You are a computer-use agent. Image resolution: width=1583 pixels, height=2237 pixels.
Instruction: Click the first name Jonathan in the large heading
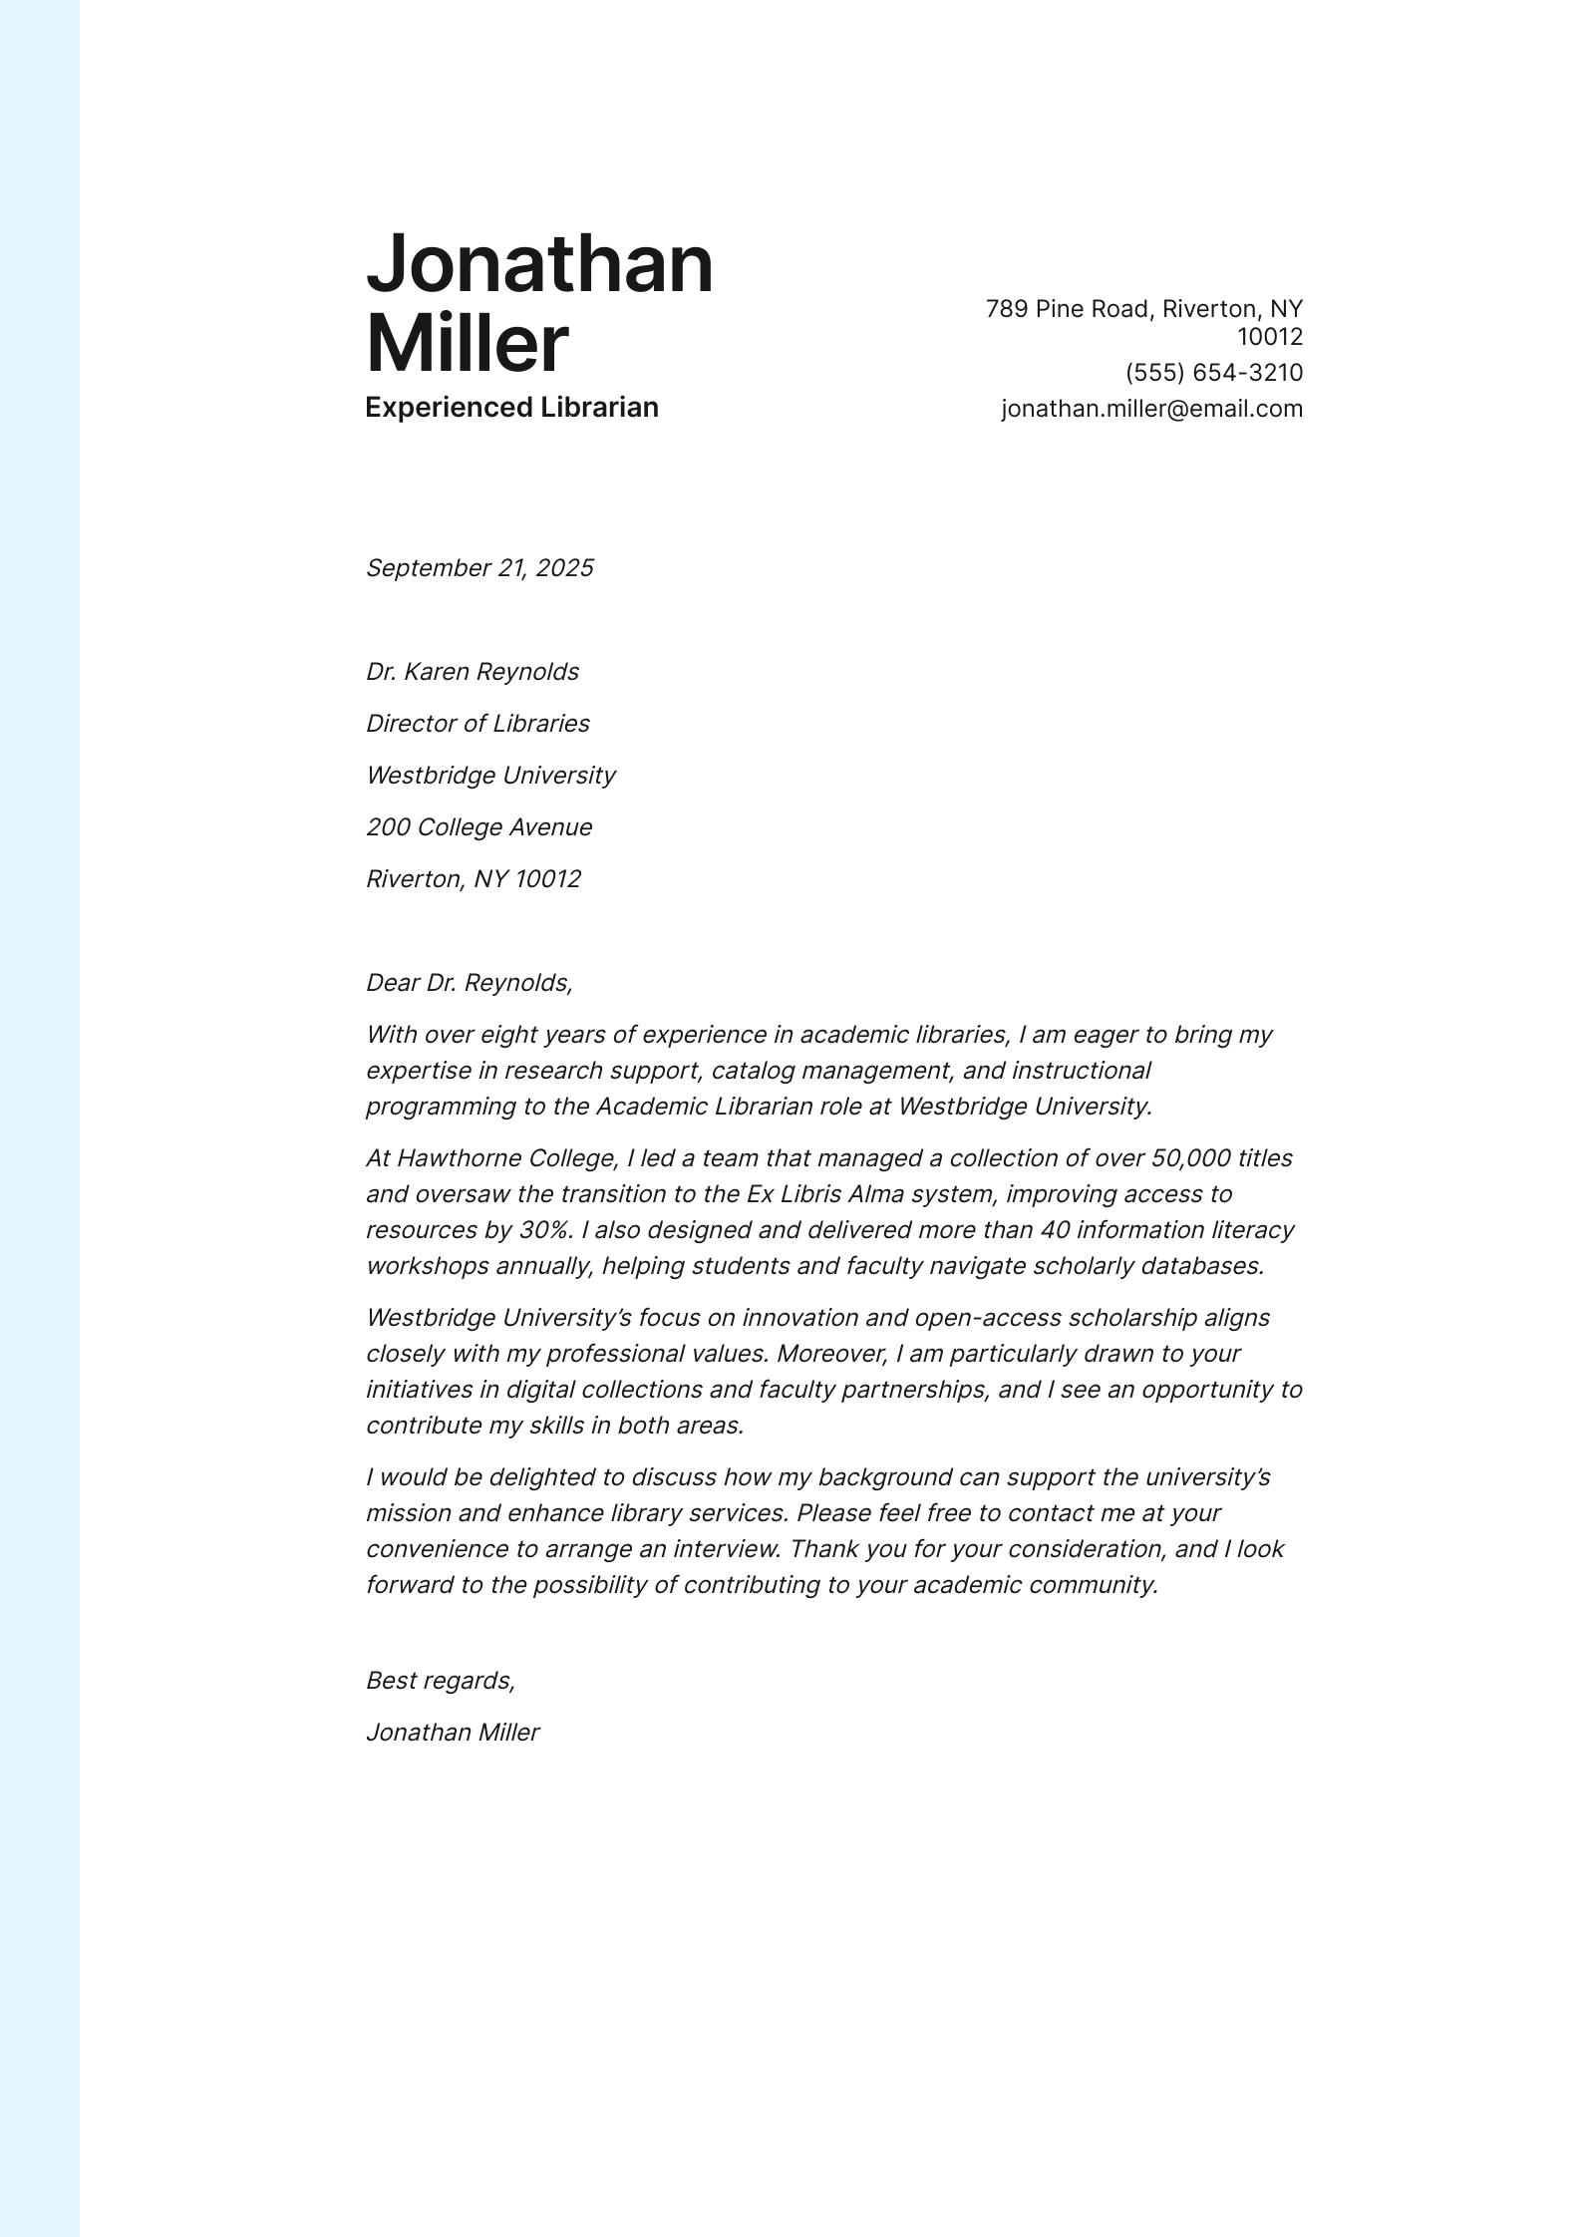click(x=539, y=264)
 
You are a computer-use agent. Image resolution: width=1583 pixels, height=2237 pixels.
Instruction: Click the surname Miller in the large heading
click(x=467, y=344)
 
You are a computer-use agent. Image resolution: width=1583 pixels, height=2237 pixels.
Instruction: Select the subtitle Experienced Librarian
click(x=511, y=408)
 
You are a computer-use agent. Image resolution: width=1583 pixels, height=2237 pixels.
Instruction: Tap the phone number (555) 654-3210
click(x=1213, y=373)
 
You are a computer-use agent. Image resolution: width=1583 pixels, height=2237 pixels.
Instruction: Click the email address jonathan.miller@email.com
click(x=1151, y=409)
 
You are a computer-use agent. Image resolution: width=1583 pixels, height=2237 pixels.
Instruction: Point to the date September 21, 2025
click(x=479, y=568)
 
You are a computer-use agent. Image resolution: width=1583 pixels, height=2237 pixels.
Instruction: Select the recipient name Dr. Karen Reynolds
click(x=473, y=672)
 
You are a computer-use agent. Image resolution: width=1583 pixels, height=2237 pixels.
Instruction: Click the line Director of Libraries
click(x=477, y=724)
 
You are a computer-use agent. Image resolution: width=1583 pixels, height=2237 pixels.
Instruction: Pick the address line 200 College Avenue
click(x=478, y=827)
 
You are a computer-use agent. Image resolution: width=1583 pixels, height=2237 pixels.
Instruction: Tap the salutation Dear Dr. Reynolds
click(x=470, y=983)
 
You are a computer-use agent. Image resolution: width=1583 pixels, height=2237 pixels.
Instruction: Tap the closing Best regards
click(x=440, y=1681)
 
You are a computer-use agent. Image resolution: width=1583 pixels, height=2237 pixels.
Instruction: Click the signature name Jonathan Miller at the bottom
click(x=453, y=1733)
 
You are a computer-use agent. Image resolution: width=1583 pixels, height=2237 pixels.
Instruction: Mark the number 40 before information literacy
click(x=1055, y=1230)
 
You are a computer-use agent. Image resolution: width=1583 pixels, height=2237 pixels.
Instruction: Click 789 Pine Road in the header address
click(x=1068, y=309)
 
